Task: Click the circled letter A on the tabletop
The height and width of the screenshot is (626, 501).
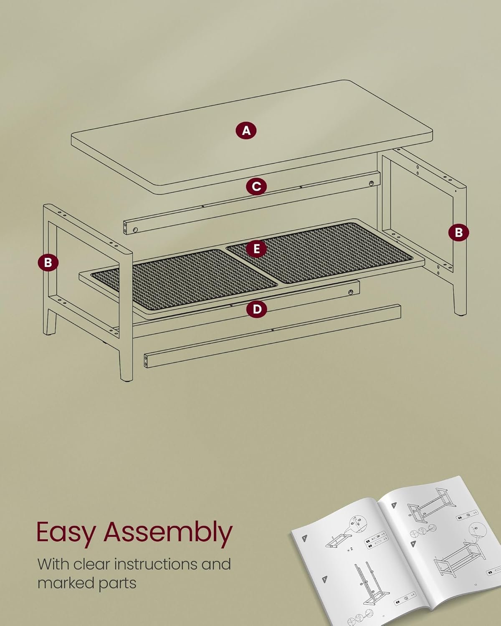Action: pyautogui.click(x=246, y=131)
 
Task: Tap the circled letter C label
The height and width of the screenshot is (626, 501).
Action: pyautogui.click(x=256, y=187)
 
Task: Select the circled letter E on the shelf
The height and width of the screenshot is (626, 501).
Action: pyautogui.click(x=256, y=249)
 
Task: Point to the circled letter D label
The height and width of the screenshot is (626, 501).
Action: pyautogui.click(x=257, y=309)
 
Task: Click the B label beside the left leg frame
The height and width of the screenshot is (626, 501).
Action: pyautogui.click(x=48, y=263)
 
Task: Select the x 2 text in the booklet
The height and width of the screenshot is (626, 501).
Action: pyautogui.click(x=349, y=549)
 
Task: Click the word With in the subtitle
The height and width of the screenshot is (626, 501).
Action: pyautogui.click(x=54, y=564)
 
